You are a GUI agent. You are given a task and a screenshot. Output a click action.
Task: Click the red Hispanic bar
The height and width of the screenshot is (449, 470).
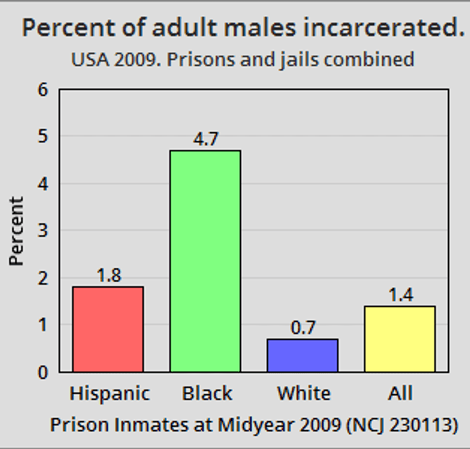coord(108,329)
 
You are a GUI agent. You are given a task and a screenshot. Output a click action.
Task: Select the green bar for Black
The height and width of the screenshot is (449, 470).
coord(205,261)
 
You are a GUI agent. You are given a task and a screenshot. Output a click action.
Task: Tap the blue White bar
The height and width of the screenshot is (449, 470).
coord(303,355)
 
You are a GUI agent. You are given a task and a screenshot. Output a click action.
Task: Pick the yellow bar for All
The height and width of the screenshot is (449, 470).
coord(400,339)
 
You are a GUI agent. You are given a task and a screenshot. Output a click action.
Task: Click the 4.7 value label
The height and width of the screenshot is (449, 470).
coord(206,139)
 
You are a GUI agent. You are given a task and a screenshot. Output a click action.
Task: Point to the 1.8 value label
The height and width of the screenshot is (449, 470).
coord(109,275)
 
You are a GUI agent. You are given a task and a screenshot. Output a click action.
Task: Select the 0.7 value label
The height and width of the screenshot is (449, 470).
coord(303,328)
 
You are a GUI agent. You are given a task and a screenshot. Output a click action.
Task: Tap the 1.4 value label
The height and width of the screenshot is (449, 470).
coord(401,295)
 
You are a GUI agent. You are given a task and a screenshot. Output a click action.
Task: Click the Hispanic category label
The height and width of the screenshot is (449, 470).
coord(110,393)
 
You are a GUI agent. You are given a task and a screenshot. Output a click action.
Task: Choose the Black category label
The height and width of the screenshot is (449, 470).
coord(207,393)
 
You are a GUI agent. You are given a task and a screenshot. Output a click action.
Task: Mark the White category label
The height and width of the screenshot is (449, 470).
coord(304,393)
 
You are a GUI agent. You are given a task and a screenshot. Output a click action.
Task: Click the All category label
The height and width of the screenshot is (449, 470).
coord(400,393)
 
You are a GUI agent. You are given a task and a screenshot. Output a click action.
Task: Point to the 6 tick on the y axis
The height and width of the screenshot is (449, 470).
coord(43,89)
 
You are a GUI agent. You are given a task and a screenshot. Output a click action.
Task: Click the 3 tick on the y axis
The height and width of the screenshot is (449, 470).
coord(43,230)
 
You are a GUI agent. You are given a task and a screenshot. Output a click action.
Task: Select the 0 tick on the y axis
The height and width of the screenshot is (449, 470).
coord(43,373)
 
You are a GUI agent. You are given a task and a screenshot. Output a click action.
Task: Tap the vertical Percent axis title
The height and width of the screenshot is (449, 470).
coord(16,231)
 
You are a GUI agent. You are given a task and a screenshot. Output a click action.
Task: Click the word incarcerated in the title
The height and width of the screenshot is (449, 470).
coord(384,27)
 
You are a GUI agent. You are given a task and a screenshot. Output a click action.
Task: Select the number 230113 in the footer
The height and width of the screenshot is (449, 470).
coord(418,425)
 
